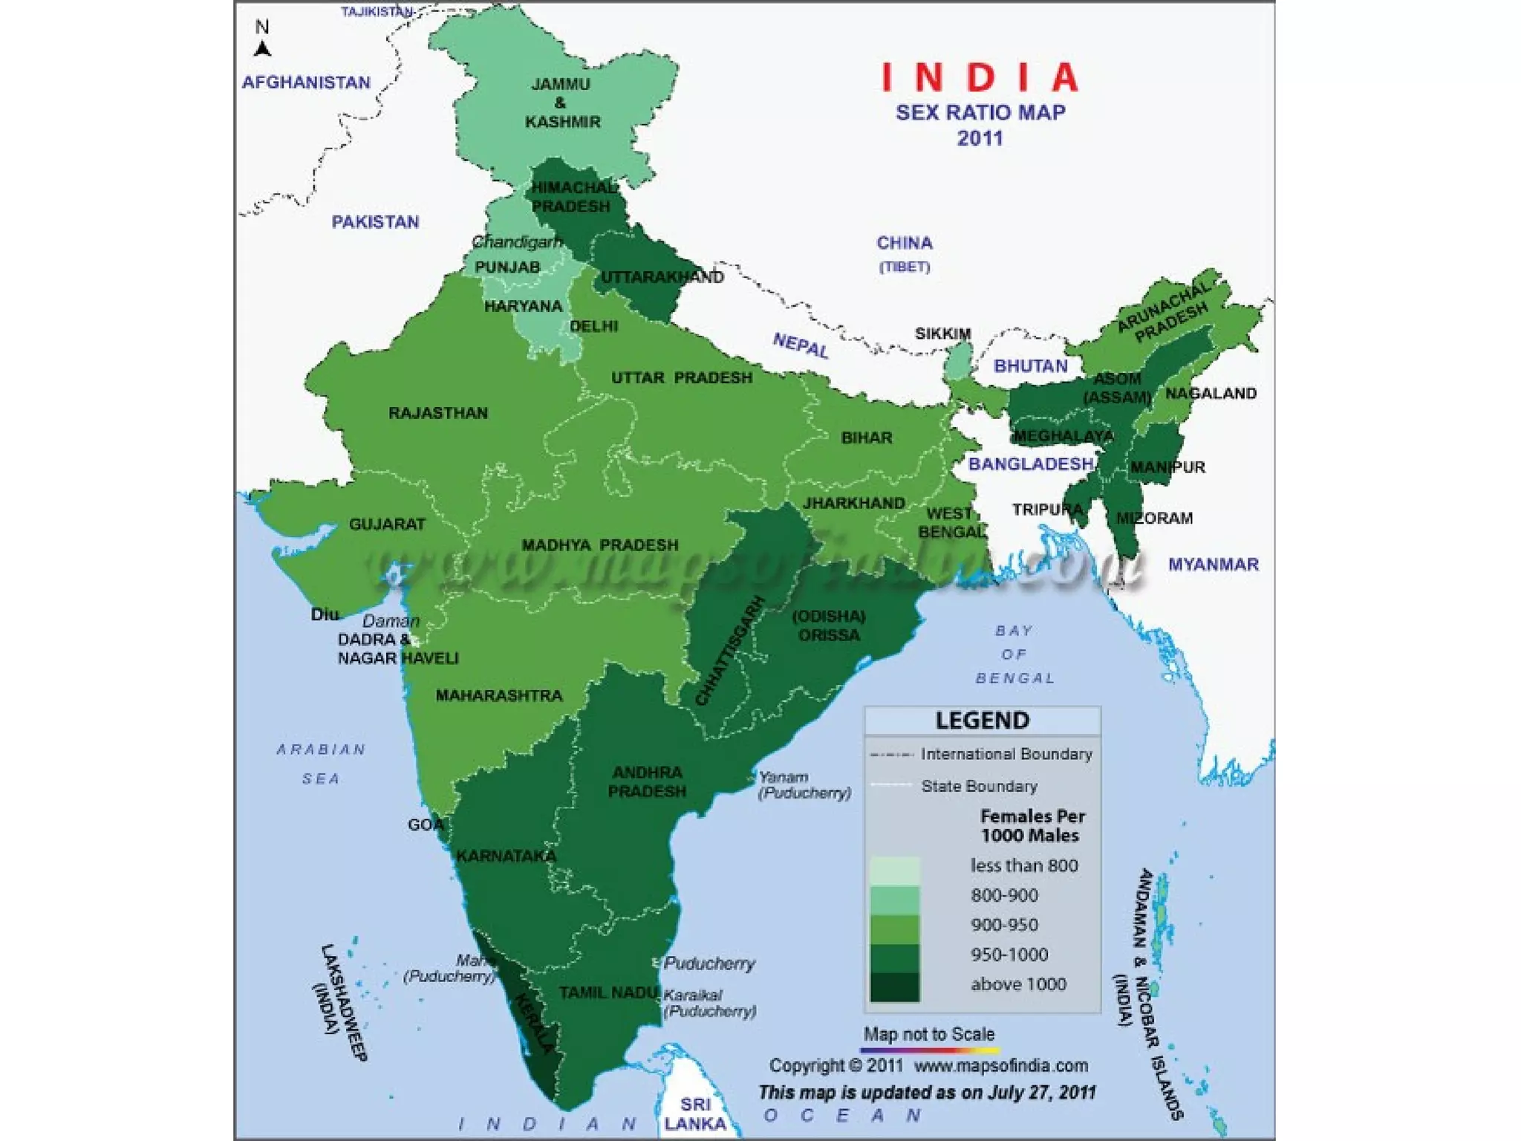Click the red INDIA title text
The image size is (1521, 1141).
tap(980, 77)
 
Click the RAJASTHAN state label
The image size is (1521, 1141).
tap(438, 413)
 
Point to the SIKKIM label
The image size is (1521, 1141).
tap(942, 334)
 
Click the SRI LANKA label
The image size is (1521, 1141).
tap(695, 1114)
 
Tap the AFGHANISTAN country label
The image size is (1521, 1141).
tap(306, 82)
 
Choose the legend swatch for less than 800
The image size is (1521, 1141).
tap(894, 871)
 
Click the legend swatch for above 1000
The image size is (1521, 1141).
tap(894, 986)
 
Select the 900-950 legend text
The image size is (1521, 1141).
tap(1004, 925)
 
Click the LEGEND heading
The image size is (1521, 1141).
tap(982, 721)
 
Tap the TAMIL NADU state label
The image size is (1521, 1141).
tap(608, 992)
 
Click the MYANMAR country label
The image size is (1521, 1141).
tap(1214, 565)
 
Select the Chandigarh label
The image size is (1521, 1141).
tap(517, 242)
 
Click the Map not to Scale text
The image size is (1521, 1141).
tap(928, 1034)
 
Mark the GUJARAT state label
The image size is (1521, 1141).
tap(387, 524)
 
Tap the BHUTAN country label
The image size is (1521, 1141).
tap(1030, 366)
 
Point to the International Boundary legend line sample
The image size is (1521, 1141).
tap(891, 755)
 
